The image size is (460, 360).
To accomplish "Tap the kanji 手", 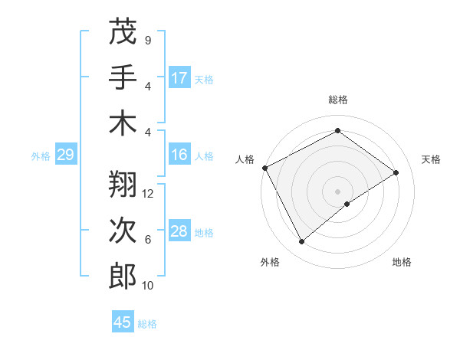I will (123, 77).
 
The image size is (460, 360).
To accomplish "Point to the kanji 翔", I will (123, 185).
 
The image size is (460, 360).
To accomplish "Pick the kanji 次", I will (123, 231).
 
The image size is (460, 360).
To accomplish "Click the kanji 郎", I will (123, 276).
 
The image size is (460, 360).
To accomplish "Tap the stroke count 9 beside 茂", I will (148, 40).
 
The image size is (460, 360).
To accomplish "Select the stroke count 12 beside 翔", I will (148, 194).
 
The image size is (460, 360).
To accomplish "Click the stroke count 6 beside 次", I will (148, 240).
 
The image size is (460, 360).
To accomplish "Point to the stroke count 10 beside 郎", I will (148, 286).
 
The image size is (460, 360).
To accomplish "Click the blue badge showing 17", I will (179, 78).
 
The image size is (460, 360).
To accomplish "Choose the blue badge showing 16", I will (179, 155).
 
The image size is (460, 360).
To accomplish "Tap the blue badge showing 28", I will (179, 231).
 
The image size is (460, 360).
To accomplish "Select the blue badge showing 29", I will (65, 155).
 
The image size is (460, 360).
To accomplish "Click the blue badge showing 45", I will (123, 322).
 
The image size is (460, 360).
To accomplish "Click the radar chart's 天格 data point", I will (396, 173).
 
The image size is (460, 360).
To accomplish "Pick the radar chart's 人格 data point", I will (264, 168).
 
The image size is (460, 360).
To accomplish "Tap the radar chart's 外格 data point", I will (301, 242).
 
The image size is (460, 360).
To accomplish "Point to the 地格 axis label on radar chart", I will (402, 262).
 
